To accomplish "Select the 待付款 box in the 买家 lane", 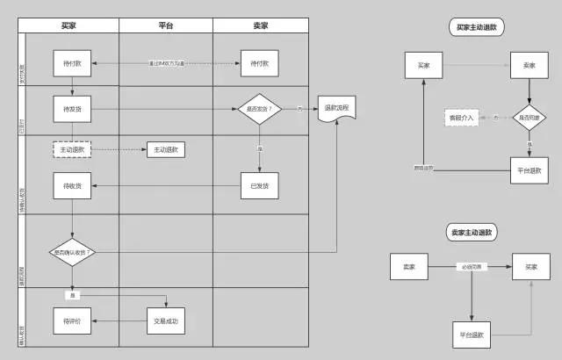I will click(73, 64).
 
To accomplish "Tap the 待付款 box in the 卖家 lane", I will click(259, 64).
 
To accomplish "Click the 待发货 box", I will click(73, 110).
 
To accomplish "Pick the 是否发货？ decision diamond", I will click(259, 110).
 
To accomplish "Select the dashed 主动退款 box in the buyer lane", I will click(72, 150).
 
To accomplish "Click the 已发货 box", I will click(259, 185).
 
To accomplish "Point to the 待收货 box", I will click(73, 185).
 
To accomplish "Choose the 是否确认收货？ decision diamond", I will click(72, 252).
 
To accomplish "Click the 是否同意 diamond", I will click(530, 117).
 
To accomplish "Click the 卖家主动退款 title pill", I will click(472, 234).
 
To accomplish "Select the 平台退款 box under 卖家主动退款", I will click(472, 334).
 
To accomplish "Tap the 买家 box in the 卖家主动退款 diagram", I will click(530, 266).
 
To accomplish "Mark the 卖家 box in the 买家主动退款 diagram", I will click(530, 65).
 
